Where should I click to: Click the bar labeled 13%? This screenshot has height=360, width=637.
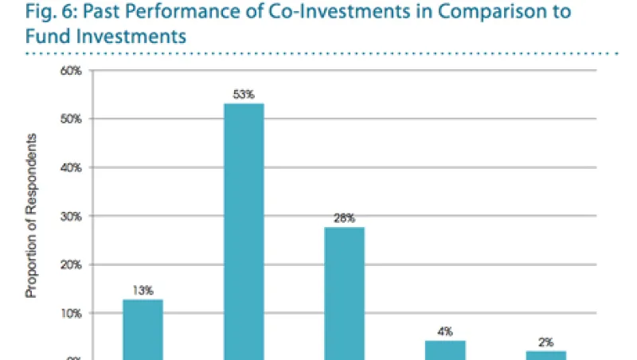[x=143, y=329]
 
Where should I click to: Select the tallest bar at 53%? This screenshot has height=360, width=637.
[x=244, y=231]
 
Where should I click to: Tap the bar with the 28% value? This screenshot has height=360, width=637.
[x=344, y=293]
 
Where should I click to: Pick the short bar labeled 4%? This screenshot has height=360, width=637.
[x=444, y=350]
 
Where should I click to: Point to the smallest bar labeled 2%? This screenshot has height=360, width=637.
[x=545, y=355]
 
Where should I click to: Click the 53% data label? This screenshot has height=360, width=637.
[x=244, y=95]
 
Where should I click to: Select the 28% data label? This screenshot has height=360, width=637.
[x=344, y=217]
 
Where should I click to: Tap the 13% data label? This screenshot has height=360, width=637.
[x=143, y=291]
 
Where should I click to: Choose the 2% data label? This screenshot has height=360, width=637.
[x=545, y=342]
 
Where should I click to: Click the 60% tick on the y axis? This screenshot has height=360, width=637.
[x=72, y=71]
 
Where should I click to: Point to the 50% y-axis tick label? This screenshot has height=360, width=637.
[x=72, y=119]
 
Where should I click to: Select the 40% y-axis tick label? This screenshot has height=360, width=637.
[x=72, y=168]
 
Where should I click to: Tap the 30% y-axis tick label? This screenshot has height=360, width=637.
[x=72, y=217]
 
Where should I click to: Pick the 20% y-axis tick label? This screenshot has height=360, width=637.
[x=72, y=265]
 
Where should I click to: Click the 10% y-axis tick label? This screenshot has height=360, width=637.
[x=72, y=314]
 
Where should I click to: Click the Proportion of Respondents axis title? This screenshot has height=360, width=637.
[x=33, y=215]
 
